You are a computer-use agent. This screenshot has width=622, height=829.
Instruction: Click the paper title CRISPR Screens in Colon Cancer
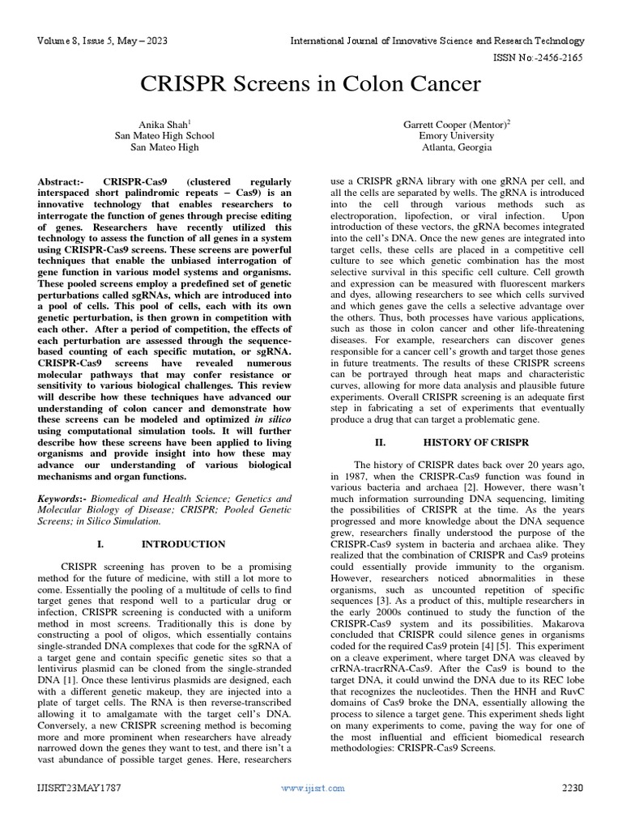tap(311, 83)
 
